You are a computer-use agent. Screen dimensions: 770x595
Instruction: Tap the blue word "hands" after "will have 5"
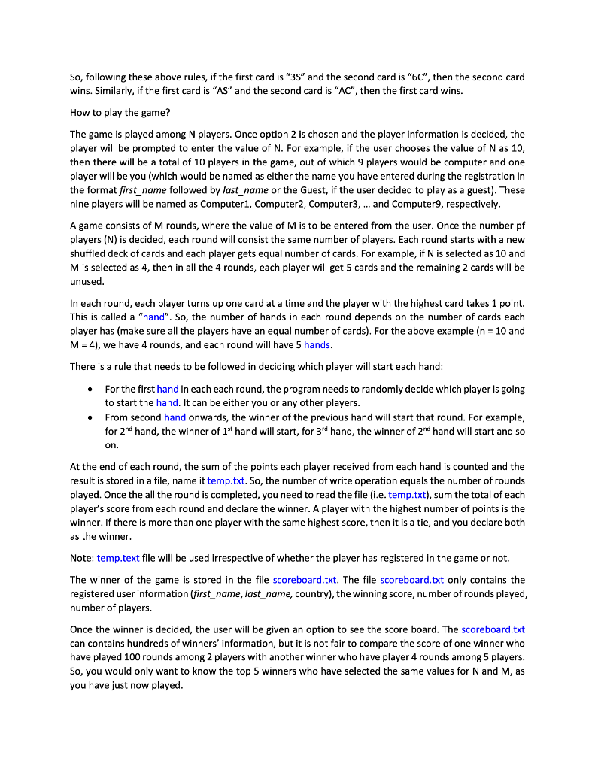coord(317,344)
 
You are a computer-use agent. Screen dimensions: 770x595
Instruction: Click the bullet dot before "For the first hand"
coord(90,389)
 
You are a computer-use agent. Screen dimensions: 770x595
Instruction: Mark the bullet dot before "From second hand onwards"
coord(90,417)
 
